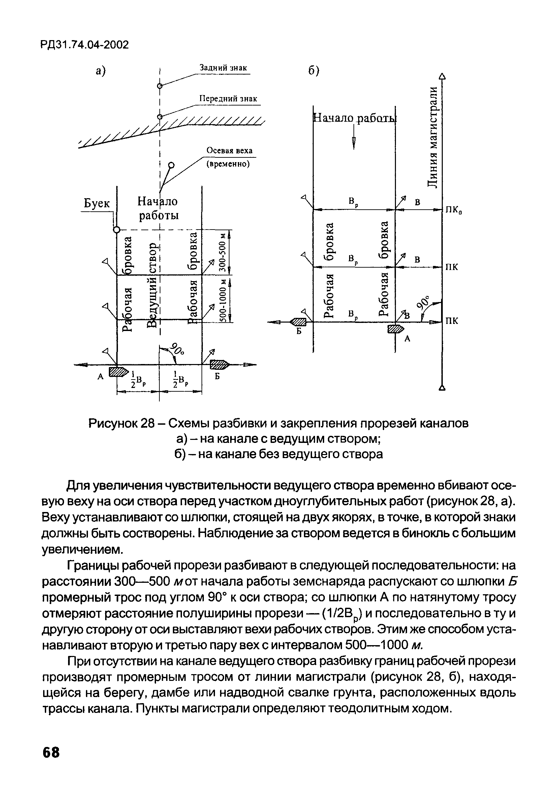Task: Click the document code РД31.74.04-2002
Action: pyautogui.click(x=85, y=45)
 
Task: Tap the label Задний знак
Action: pyautogui.click(x=223, y=67)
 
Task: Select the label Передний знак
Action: pyautogui.click(x=228, y=99)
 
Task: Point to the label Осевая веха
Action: pyautogui.click(x=229, y=151)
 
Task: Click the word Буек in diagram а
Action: pyautogui.click(x=97, y=203)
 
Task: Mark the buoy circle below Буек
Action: pyautogui.click(x=117, y=230)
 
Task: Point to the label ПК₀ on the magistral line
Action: pyautogui.click(x=453, y=210)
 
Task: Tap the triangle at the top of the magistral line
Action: pyautogui.click(x=442, y=76)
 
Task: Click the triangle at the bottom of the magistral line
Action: pyautogui.click(x=442, y=388)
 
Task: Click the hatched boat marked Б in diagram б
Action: pyautogui.click(x=298, y=322)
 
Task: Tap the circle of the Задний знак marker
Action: pyautogui.click(x=160, y=86)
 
